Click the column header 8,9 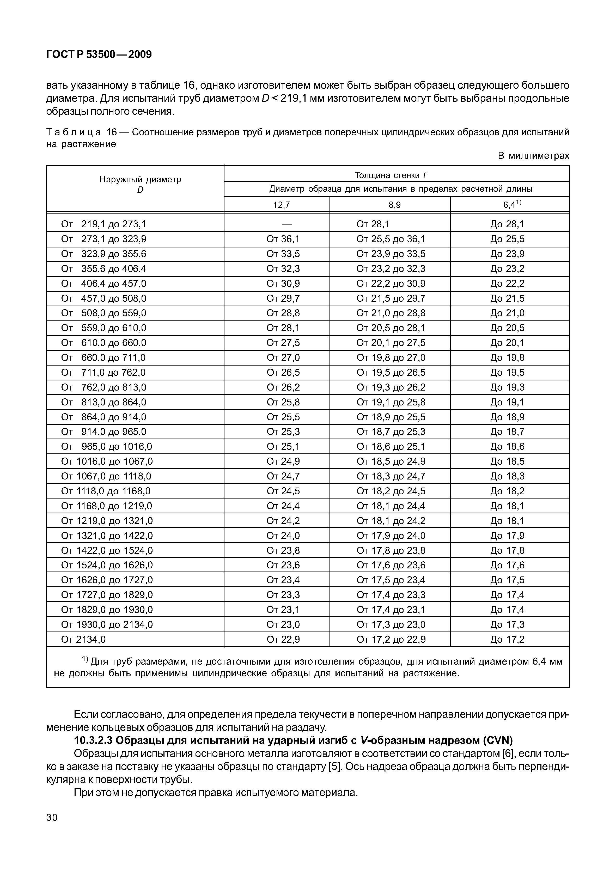click(x=394, y=205)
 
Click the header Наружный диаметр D click(x=140, y=184)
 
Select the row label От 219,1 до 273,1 click(x=103, y=224)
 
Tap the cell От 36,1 click(x=283, y=239)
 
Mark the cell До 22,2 click(x=507, y=284)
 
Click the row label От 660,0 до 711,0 click(x=103, y=358)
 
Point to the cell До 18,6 click(x=507, y=446)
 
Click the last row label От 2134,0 click(x=83, y=640)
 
